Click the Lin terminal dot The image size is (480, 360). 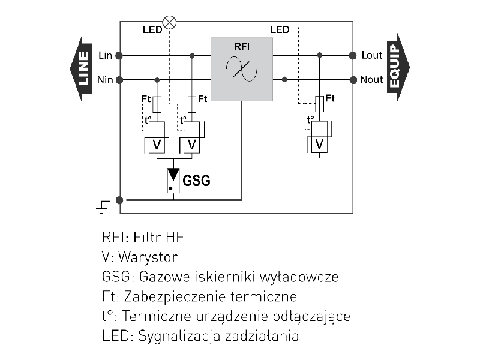tap(119, 56)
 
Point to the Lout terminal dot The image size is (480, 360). tap(353, 56)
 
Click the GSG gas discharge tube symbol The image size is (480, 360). tap(173, 179)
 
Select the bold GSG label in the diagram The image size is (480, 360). tap(197, 180)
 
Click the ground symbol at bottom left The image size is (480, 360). tap(102, 208)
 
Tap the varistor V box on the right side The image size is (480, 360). tap(320, 144)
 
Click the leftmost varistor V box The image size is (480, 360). tap(157, 144)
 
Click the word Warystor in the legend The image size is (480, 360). tap(148, 257)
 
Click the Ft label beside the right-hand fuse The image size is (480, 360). tap(330, 98)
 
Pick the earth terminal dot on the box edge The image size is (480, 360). tap(119, 200)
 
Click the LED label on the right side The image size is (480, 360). tap(280, 29)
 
